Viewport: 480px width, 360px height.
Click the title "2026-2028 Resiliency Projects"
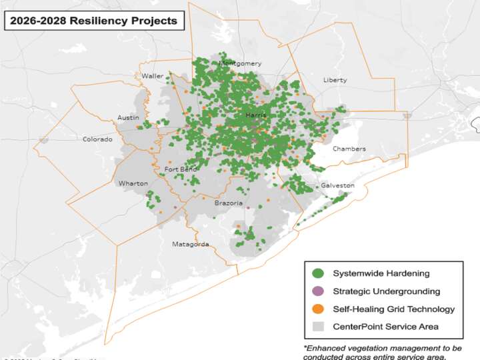(93, 21)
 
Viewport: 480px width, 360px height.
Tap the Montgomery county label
(240, 64)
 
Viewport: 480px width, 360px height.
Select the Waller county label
(152, 76)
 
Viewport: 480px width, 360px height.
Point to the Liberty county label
(335, 80)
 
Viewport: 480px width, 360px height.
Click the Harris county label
(255, 115)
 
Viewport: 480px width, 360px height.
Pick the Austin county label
(128, 117)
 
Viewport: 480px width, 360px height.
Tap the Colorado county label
(97, 139)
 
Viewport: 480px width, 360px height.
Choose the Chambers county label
(349, 149)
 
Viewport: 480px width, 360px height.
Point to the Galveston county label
(337, 185)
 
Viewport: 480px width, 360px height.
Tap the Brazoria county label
(228, 203)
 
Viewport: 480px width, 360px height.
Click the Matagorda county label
(191, 244)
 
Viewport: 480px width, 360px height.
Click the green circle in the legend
(318, 273)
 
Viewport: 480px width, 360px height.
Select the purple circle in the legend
(318, 291)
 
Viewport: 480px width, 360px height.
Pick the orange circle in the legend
(318, 309)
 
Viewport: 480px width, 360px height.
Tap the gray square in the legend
(318, 327)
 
